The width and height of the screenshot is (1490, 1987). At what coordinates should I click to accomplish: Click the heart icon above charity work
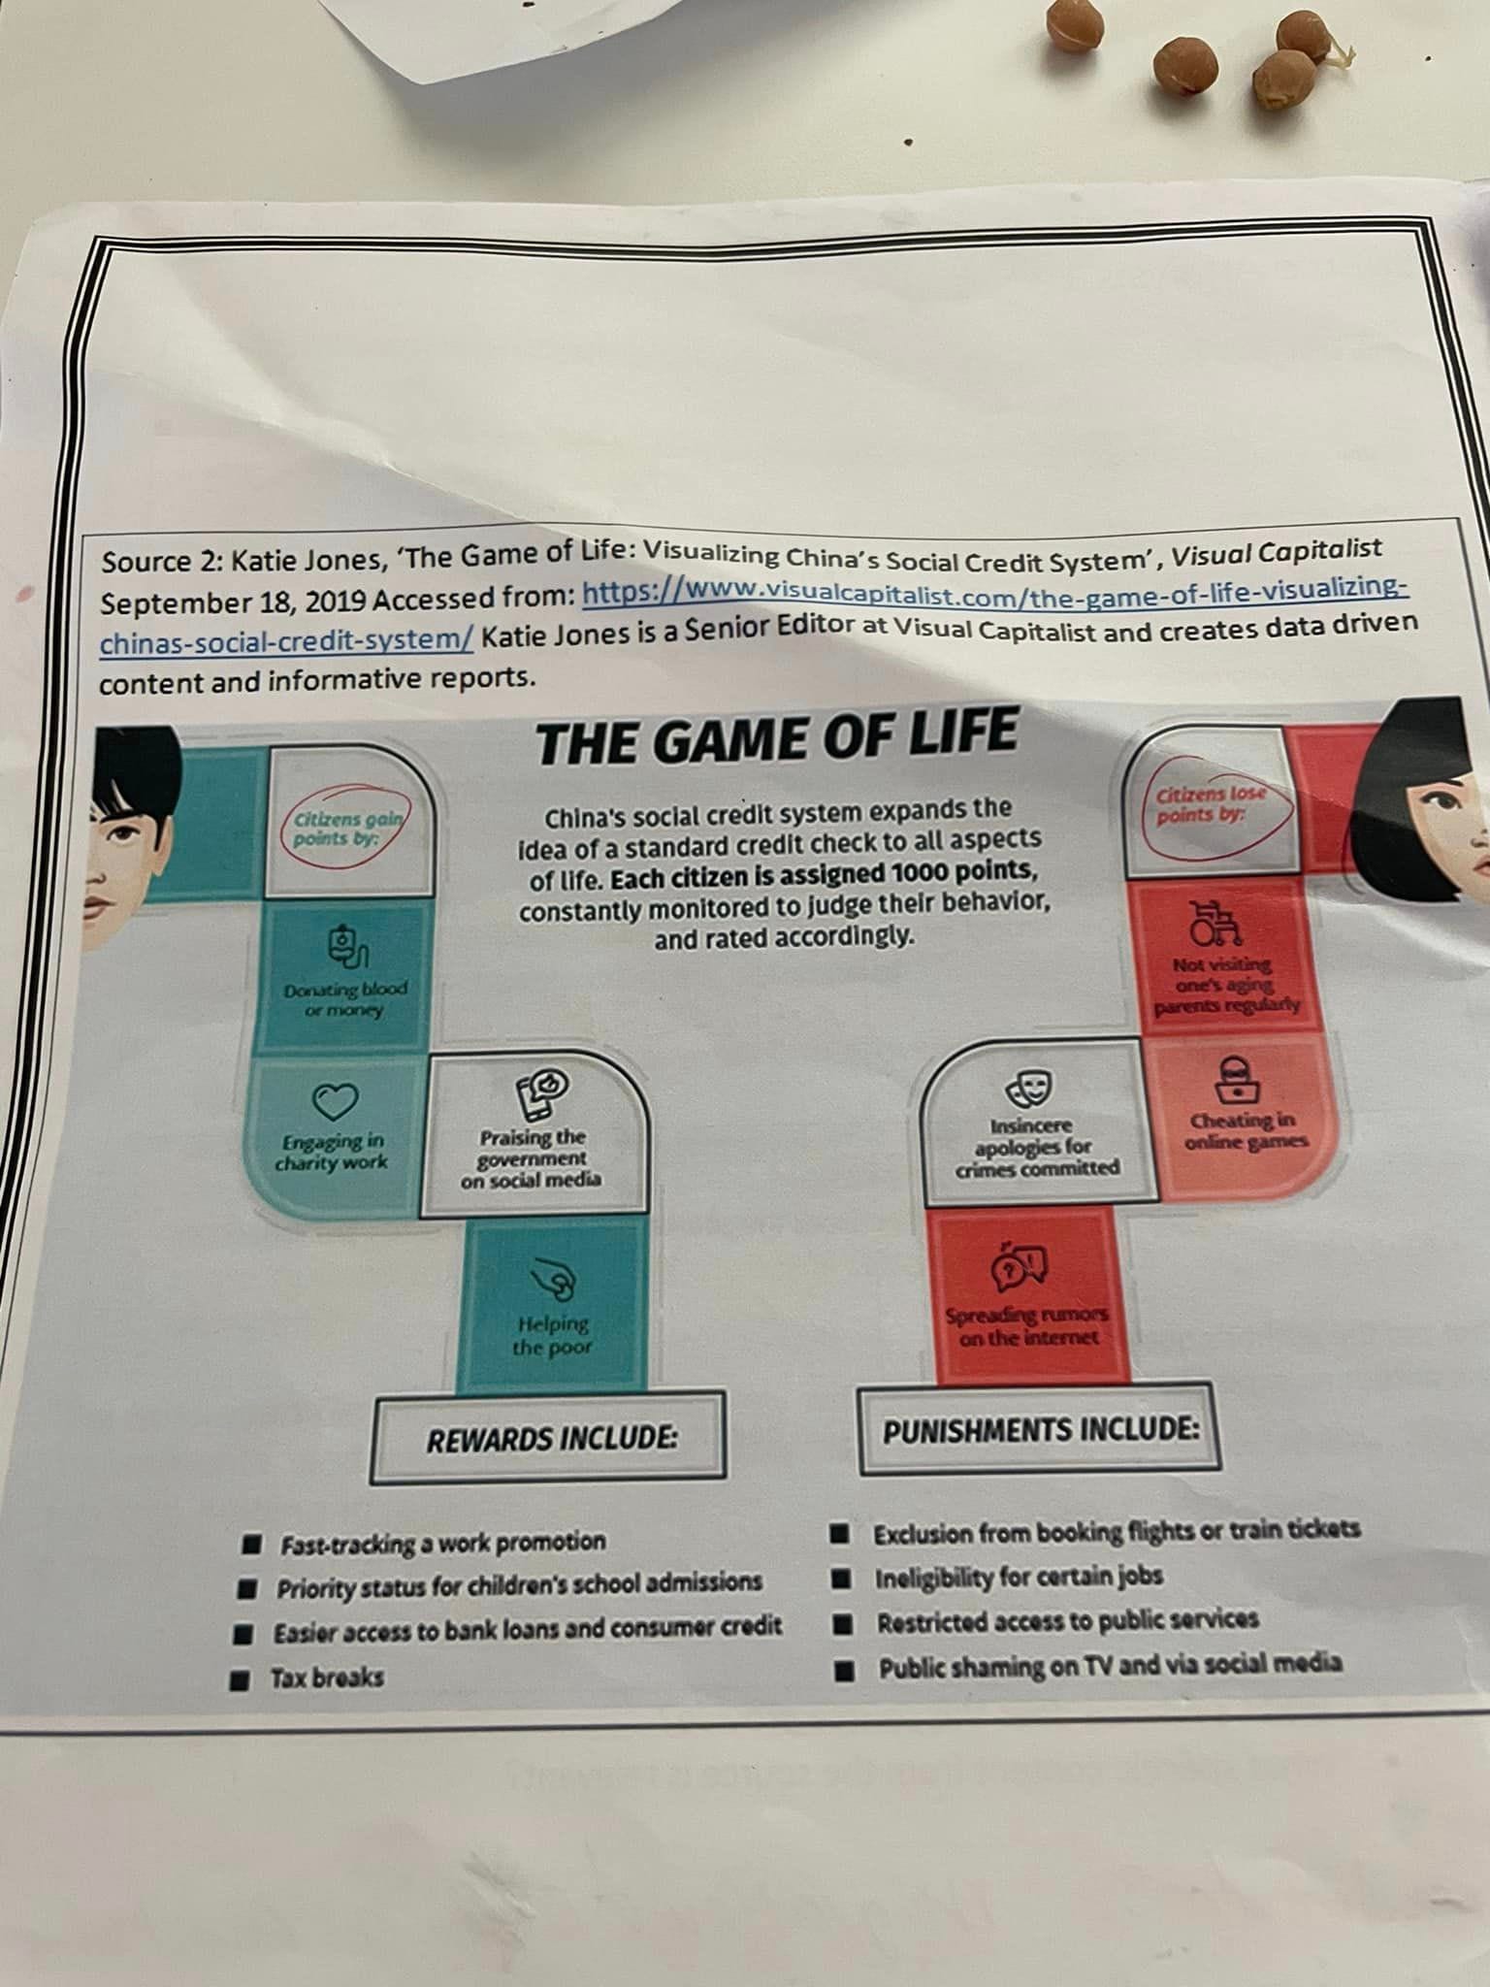click(335, 1100)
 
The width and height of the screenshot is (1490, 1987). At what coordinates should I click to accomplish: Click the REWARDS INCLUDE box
click(550, 1438)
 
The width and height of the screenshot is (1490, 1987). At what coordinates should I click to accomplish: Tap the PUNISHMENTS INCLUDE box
click(1039, 1429)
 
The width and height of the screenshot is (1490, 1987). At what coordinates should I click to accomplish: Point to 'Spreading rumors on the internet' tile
click(1027, 1295)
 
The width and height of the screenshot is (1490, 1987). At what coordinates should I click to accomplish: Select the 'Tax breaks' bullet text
click(327, 1677)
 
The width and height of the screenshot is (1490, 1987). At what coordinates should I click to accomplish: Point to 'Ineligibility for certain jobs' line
click(1019, 1578)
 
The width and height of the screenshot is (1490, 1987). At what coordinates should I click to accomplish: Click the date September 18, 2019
click(233, 602)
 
